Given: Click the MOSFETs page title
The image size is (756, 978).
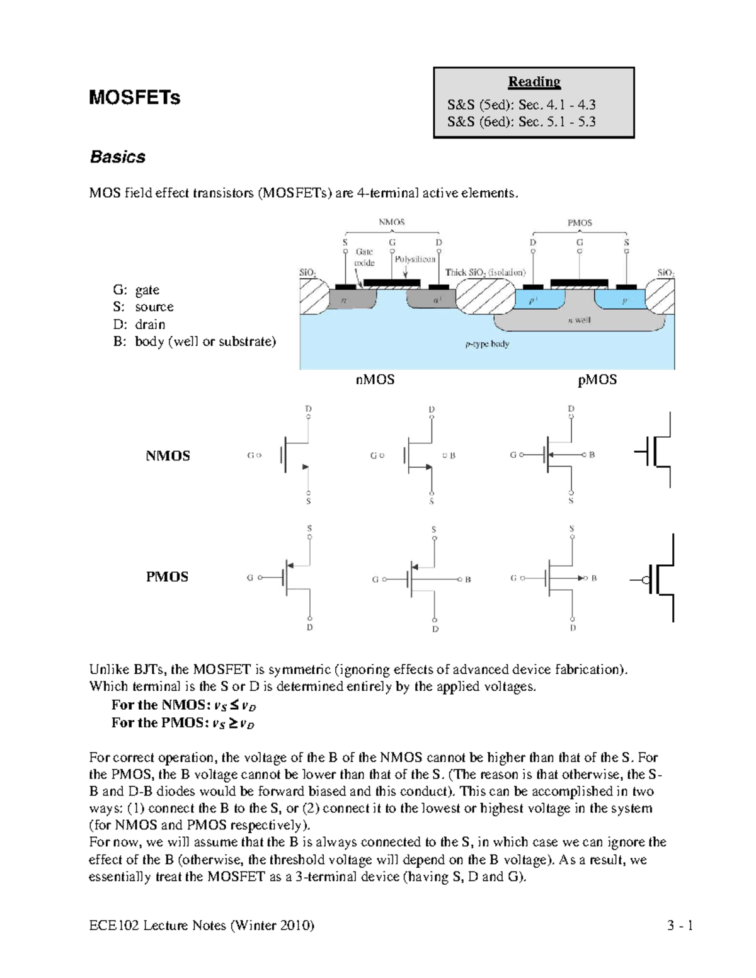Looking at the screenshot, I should (x=134, y=98).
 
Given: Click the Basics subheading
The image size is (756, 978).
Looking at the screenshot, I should (x=117, y=157).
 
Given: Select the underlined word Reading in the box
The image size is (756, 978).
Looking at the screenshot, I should (x=534, y=81).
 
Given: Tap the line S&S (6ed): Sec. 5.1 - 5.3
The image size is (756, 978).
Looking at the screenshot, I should (x=521, y=122).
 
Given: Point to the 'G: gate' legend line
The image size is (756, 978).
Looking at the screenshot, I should (x=136, y=290).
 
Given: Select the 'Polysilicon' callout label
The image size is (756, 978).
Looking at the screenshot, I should (x=415, y=259).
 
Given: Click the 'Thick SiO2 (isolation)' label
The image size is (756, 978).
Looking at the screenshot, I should (x=485, y=273).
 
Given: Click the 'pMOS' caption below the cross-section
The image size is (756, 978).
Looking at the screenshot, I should (x=597, y=380).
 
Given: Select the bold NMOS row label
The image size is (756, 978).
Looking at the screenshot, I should (x=168, y=456).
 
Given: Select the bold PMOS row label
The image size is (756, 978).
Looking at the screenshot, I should (x=167, y=577).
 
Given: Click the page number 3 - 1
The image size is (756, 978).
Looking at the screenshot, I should (x=680, y=926).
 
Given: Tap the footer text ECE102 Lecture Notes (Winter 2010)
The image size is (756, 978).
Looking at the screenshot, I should (x=202, y=926).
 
